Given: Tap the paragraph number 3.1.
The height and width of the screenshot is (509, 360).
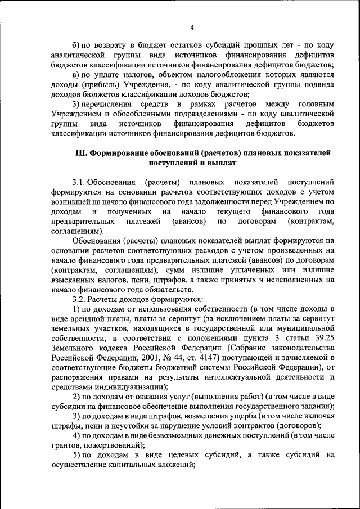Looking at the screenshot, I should click(82, 183).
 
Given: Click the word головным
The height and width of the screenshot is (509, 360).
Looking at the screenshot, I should click(315, 104).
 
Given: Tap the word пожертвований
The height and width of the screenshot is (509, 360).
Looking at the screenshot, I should click(109, 445).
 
